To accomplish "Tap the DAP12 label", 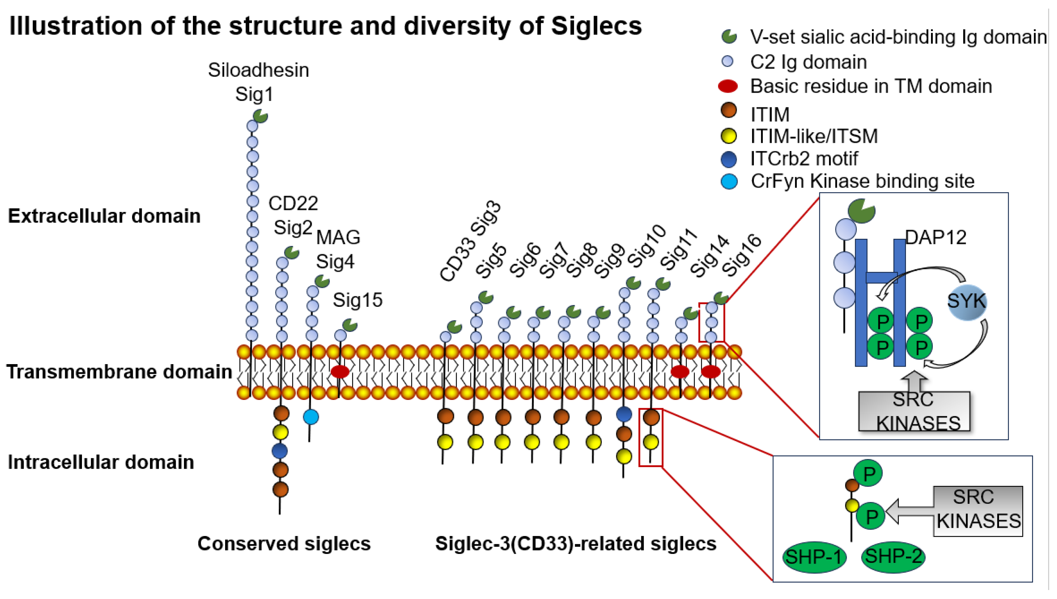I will tap(935, 237).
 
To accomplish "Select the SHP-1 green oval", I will tap(814, 557).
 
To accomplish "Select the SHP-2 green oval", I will tap(893, 556).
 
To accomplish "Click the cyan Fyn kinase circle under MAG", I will tap(311, 417).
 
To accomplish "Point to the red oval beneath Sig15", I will tap(340, 372).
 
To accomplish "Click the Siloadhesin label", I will tap(258, 70).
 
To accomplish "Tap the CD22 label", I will tap(293, 203).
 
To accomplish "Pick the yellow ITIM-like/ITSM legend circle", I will tap(728, 136).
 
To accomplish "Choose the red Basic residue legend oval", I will tap(728, 86).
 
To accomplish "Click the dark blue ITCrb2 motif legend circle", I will tap(728, 159).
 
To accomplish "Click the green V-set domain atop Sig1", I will tap(260, 116).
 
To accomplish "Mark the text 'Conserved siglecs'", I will tap(284, 544).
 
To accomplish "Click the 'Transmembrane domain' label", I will tap(119, 372).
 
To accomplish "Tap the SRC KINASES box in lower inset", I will tap(978, 510).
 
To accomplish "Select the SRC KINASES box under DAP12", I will tap(914, 411).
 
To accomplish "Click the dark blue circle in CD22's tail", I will tap(280, 451).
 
